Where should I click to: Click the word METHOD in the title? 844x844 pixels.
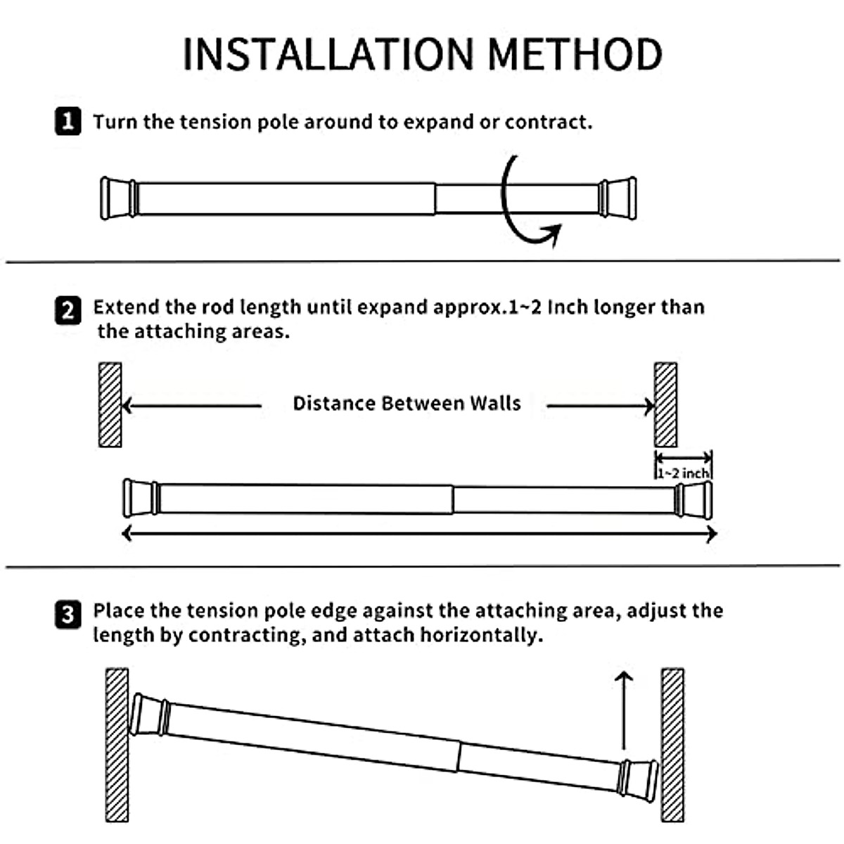575,54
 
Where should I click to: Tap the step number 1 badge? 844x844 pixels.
68,122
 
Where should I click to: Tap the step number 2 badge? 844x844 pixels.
68,310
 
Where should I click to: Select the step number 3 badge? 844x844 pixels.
68,615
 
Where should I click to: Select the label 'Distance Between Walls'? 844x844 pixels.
407,404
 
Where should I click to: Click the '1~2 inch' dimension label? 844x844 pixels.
683,473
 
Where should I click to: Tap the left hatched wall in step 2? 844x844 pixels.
110,404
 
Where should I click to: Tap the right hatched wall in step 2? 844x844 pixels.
665,404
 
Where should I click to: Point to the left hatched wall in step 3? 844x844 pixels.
117,744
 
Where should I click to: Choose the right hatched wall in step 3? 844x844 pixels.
672,744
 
